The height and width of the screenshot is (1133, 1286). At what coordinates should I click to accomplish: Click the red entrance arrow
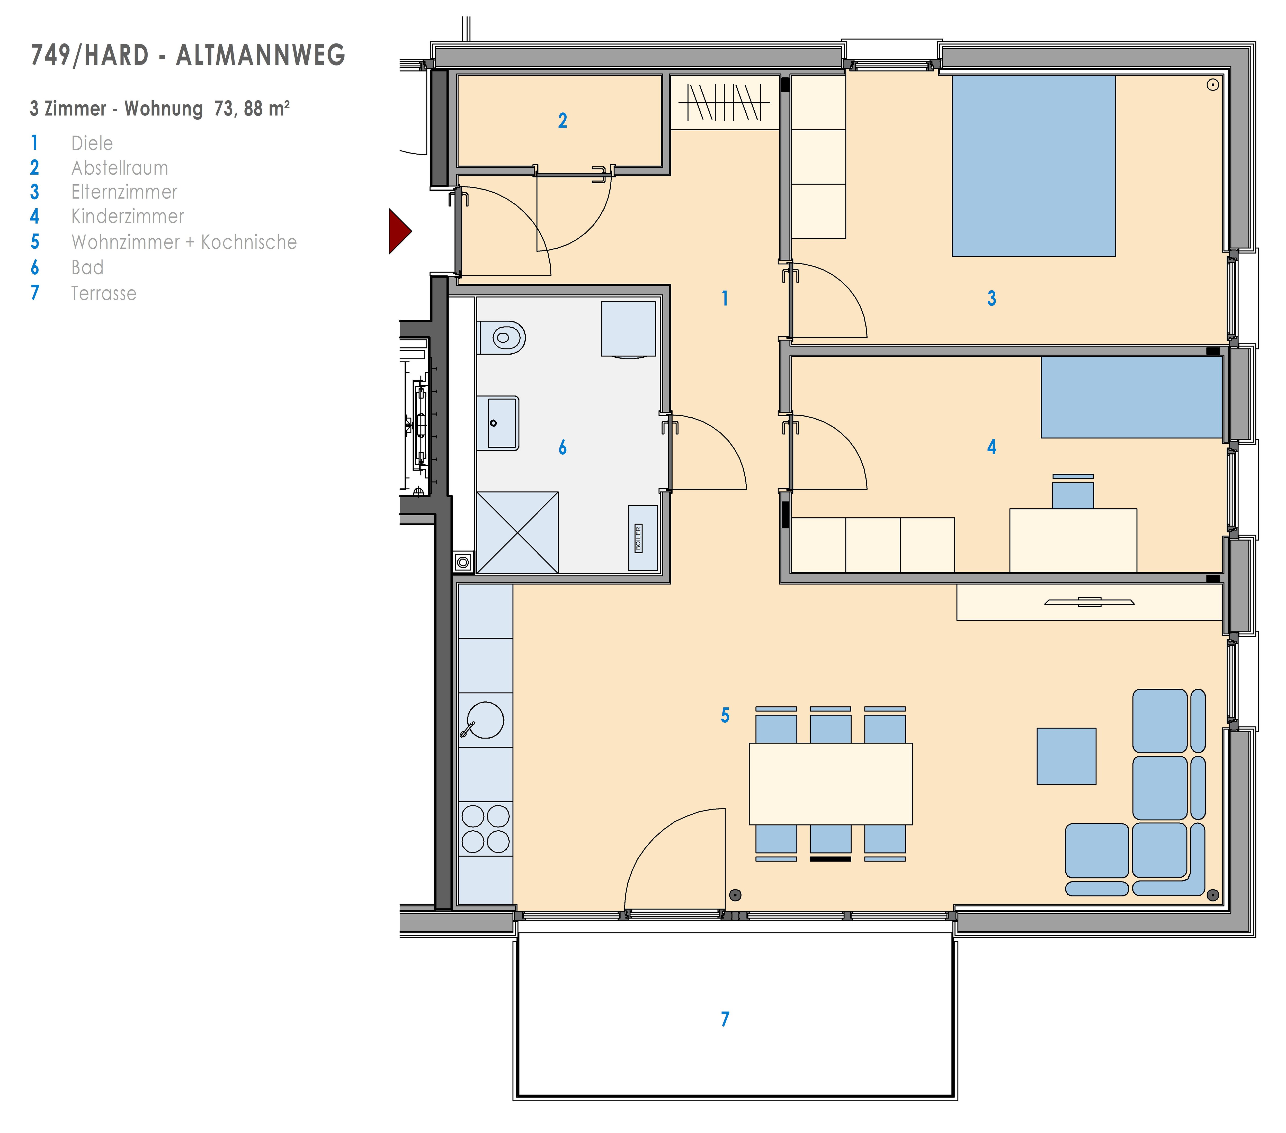click(x=399, y=231)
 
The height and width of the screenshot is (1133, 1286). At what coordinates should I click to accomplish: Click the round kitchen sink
click(x=485, y=720)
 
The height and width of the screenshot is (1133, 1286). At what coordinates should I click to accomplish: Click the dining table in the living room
click(x=830, y=784)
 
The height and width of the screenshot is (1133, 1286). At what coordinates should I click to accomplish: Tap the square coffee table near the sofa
click(x=1066, y=756)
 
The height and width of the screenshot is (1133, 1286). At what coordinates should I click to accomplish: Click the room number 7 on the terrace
click(x=725, y=1019)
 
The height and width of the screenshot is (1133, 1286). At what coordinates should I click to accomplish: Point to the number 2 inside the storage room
click(x=562, y=120)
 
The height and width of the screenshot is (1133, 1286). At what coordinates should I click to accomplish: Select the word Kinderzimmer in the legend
click(x=128, y=217)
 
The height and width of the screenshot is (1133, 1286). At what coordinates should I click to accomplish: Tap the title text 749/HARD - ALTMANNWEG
click(x=188, y=55)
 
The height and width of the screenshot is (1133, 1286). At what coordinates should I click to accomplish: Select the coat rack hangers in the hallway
click(x=725, y=102)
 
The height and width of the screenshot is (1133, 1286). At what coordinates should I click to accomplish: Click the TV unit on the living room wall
click(x=1089, y=602)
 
